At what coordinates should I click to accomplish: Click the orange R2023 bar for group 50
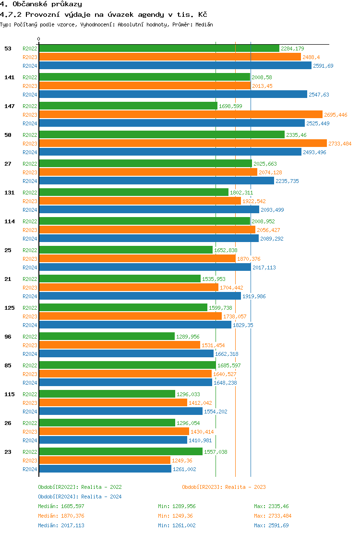coord(182,144)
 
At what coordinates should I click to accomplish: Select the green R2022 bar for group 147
coord(128,106)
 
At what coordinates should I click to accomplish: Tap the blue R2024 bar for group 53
coord(175,66)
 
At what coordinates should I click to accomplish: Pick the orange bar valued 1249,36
coord(105,461)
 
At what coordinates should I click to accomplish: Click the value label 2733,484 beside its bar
coord(340,144)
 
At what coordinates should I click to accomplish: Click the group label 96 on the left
coord(8,337)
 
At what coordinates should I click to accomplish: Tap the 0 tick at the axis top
coord(39,39)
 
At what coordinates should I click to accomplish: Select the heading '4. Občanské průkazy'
coord(41,4)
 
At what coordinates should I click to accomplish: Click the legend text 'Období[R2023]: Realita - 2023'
coord(224,487)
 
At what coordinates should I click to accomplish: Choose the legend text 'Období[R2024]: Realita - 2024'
coord(80,497)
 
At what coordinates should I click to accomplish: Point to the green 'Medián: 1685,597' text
coord(61,506)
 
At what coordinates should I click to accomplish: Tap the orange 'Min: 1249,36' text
coord(177,516)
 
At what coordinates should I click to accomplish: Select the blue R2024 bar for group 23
coord(105,469)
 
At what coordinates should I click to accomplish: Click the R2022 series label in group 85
coord(30,365)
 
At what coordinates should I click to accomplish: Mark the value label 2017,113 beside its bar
coord(264,267)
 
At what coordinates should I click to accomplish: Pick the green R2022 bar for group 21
coord(120,279)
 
